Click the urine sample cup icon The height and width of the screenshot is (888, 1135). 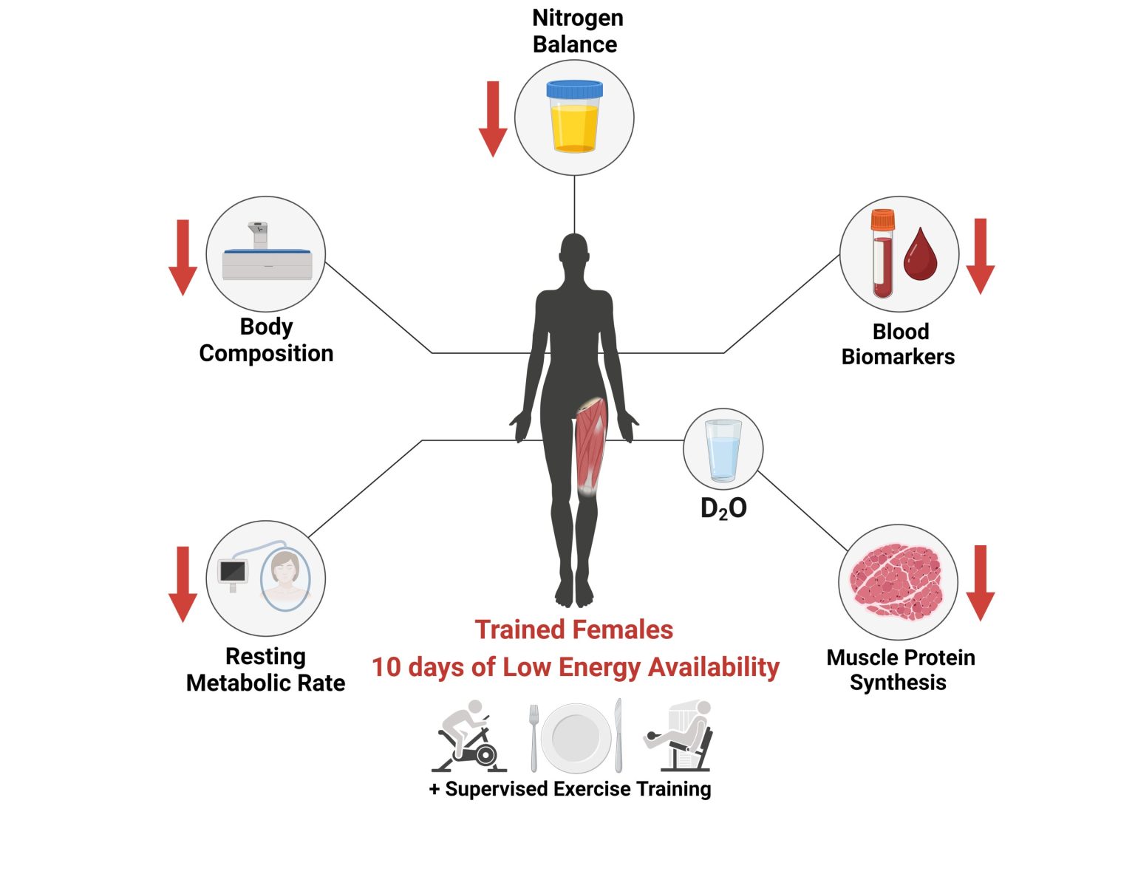[x=574, y=116]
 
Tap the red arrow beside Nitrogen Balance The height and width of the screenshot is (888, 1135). [x=493, y=118]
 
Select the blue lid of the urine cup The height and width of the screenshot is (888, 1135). [x=574, y=89]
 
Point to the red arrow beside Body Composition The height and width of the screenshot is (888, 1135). [x=183, y=257]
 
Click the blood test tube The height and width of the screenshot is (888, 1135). [x=882, y=253]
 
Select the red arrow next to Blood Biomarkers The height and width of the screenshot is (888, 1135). [x=980, y=256]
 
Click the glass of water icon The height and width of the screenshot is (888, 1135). [x=723, y=451]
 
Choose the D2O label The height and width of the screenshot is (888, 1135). [x=723, y=508]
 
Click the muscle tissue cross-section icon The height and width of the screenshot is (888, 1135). [x=897, y=581]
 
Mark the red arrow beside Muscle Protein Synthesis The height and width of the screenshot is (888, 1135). [x=980, y=583]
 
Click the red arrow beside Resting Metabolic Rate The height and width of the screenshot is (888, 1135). [x=183, y=584]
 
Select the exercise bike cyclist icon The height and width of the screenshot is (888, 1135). [x=468, y=736]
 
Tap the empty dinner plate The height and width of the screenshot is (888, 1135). [x=576, y=737]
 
